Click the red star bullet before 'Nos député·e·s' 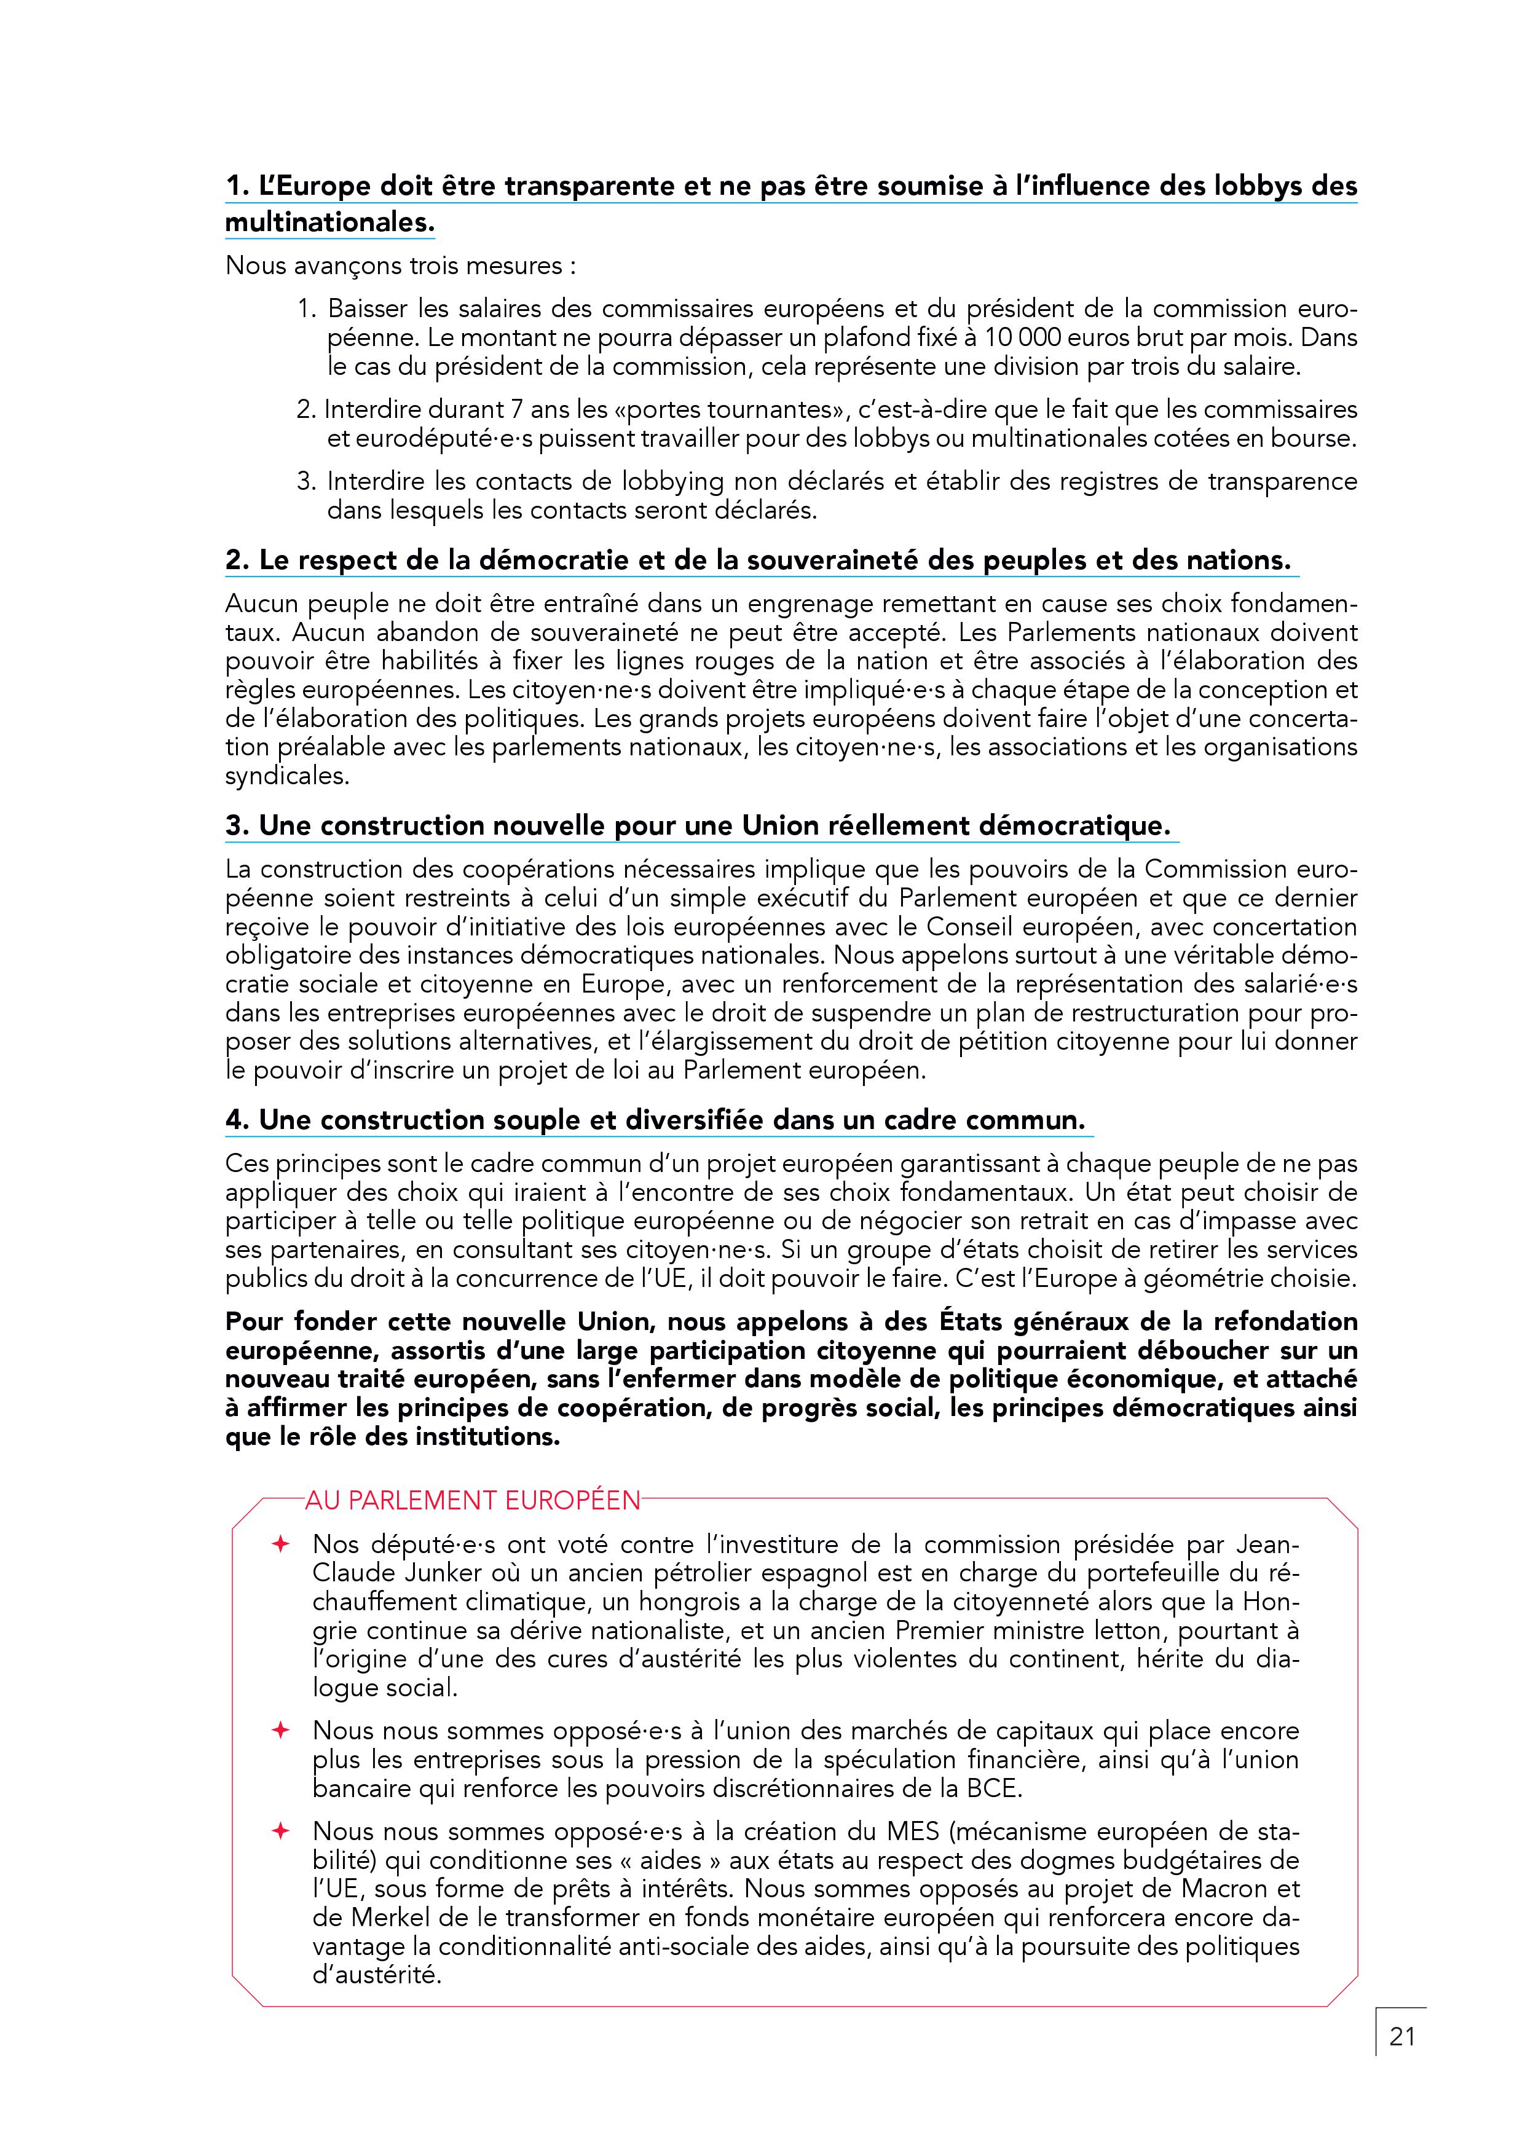280,1544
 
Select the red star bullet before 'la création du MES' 280,1830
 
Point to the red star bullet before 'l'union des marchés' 280,1729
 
